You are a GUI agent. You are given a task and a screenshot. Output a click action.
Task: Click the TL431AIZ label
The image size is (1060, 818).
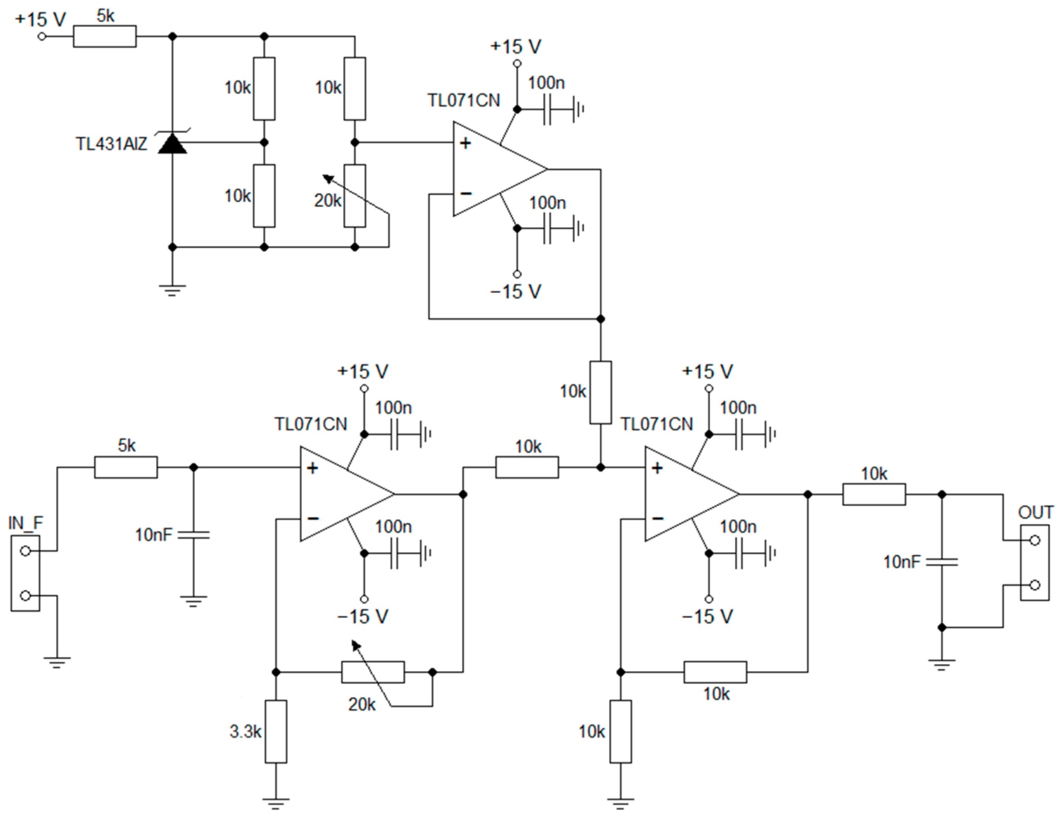tap(111, 144)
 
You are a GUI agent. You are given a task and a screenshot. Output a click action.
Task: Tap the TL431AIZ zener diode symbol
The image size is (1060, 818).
tap(173, 143)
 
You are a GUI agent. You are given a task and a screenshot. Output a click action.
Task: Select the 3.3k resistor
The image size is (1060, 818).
tap(276, 731)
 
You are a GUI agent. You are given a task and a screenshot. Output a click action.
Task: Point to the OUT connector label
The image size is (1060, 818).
tap(1036, 512)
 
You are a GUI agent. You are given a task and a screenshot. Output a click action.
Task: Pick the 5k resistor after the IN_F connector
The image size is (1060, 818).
tap(126, 467)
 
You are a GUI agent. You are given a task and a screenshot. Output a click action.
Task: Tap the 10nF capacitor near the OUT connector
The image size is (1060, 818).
tap(942, 562)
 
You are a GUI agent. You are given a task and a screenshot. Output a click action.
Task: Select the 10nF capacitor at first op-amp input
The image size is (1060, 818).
tap(193, 535)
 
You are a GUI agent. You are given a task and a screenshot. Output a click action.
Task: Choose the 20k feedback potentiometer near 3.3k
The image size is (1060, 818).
tap(373, 672)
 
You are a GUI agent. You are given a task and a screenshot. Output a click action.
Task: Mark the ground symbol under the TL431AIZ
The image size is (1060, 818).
tap(172, 290)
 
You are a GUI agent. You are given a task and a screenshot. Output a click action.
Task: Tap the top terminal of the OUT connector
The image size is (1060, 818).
tap(1034, 540)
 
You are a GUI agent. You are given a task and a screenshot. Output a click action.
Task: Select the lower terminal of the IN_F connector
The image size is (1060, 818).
tap(26, 595)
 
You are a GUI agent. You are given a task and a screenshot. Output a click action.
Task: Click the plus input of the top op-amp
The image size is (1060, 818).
tap(465, 143)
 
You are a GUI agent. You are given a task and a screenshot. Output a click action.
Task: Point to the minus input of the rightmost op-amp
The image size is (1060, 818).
tap(657, 518)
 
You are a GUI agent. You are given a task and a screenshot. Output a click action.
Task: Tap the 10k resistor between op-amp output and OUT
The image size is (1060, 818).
tap(874, 494)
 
